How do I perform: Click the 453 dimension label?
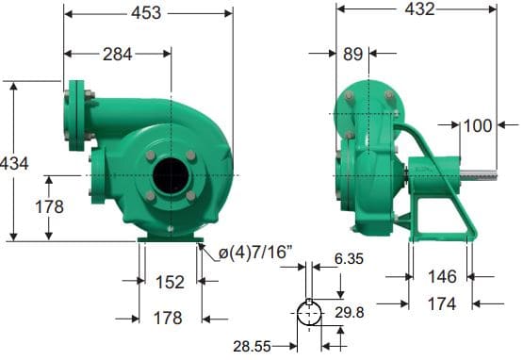click(x=147, y=13)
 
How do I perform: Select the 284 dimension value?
click(x=117, y=55)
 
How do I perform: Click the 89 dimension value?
click(x=353, y=55)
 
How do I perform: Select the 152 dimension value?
click(x=169, y=282)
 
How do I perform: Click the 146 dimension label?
click(x=442, y=276)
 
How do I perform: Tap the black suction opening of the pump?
click(x=171, y=175)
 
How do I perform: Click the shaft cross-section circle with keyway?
click(x=309, y=314)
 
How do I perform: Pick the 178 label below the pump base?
click(x=169, y=319)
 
